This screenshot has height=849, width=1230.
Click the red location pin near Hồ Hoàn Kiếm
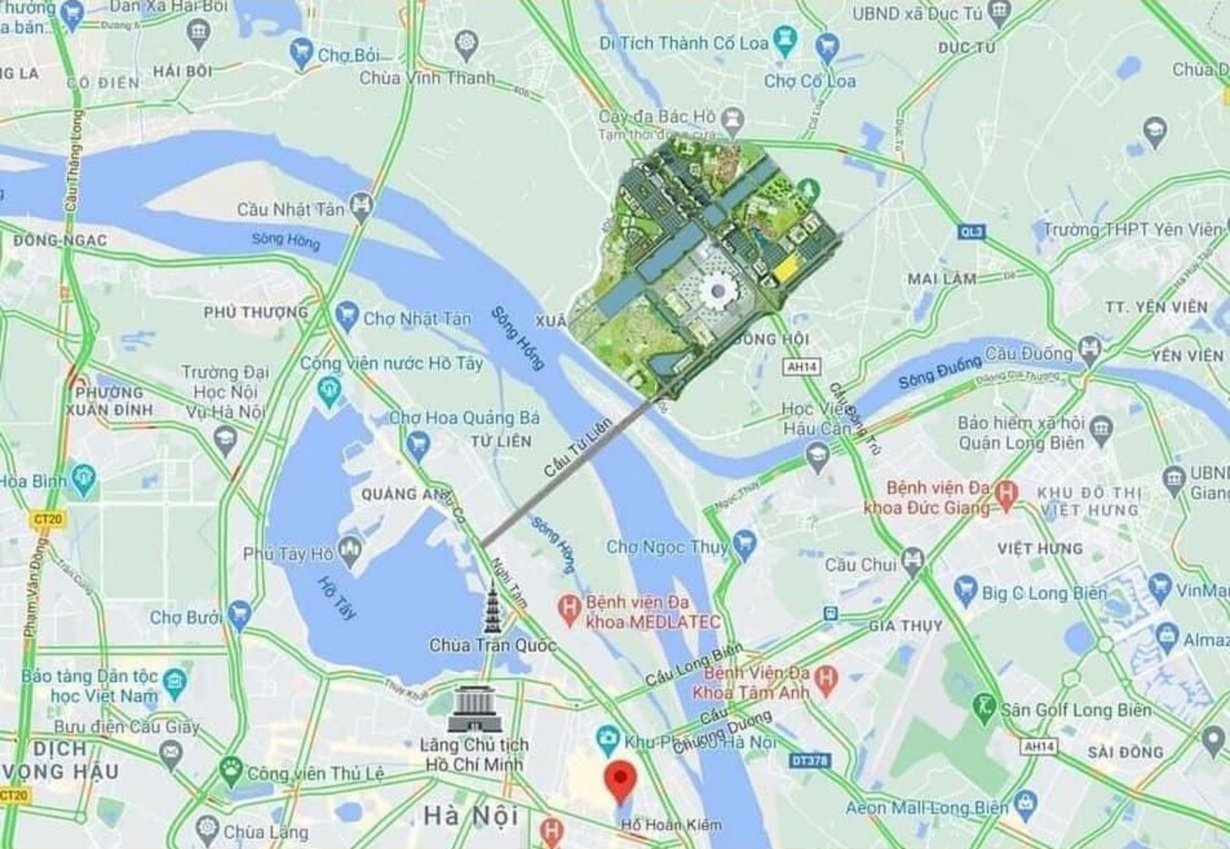pyautogui.click(x=620, y=780)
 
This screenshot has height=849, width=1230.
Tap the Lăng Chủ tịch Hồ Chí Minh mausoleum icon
pyautogui.click(x=474, y=709)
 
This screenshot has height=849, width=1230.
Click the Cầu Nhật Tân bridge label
pyautogui.click(x=291, y=209)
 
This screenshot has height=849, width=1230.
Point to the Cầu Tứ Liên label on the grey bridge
pyautogui.click(x=577, y=448)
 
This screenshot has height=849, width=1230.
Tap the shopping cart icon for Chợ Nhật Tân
pyautogui.click(x=347, y=317)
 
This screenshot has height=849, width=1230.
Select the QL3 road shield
pyautogui.click(x=972, y=231)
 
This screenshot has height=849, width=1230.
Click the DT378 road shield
pyautogui.click(x=809, y=761)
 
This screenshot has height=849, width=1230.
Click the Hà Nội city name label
pyautogui.click(x=471, y=815)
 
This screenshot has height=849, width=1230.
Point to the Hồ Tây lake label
pyautogui.click(x=337, y=598)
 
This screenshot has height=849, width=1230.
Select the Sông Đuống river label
pyautogui.click(x=939, y=372)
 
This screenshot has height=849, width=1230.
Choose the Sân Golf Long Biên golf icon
pyautogui.click(x=983, y=709)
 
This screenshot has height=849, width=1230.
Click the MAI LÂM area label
pyautogui.click(x=942, y=279)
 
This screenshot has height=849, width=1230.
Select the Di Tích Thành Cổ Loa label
pyautogui.click(x=683, y=44)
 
